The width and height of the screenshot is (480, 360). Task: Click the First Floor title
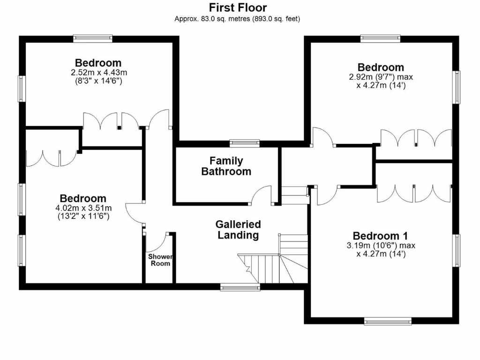click(238, 7)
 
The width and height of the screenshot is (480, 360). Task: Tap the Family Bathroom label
click(226, 166)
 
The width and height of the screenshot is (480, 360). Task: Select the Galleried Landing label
click(238, 230)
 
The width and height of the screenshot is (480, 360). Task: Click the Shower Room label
click(160, 260)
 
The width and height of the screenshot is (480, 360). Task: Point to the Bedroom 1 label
click(380, 235)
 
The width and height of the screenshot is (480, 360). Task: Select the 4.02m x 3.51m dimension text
click(82, 208)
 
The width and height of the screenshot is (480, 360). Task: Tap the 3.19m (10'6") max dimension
click(381, 245)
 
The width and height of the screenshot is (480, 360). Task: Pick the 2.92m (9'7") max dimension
click(381, 77)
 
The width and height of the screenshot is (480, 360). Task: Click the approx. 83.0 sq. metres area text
click(237, 19)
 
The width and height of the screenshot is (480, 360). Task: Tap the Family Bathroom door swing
click(261, 195)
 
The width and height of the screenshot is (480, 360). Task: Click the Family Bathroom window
click(245, 143)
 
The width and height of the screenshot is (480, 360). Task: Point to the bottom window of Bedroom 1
click(388, 321)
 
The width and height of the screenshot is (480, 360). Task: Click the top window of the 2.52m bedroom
click(93, 38)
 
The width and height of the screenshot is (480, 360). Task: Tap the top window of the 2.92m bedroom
click(380, 38)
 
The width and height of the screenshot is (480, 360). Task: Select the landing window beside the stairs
click(240, 287)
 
